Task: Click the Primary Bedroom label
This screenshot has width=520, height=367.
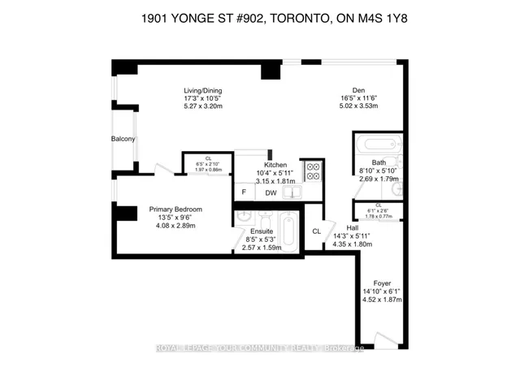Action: [175, 209]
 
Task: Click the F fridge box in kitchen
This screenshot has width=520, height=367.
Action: [244, 192]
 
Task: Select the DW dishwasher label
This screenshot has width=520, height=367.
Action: [269, 192]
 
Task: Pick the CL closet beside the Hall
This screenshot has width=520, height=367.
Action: [316, 231]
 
